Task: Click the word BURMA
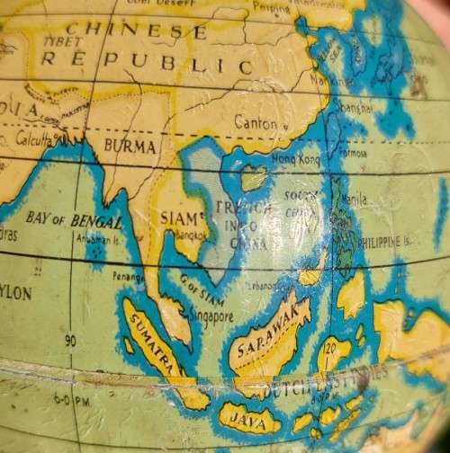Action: coord(130,146)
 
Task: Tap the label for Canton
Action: coord(256,122)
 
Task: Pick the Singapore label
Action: coord(212,316)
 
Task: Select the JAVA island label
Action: coord(244,417)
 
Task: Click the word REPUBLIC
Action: coord(148,64)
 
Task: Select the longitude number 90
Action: coord(70,341)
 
